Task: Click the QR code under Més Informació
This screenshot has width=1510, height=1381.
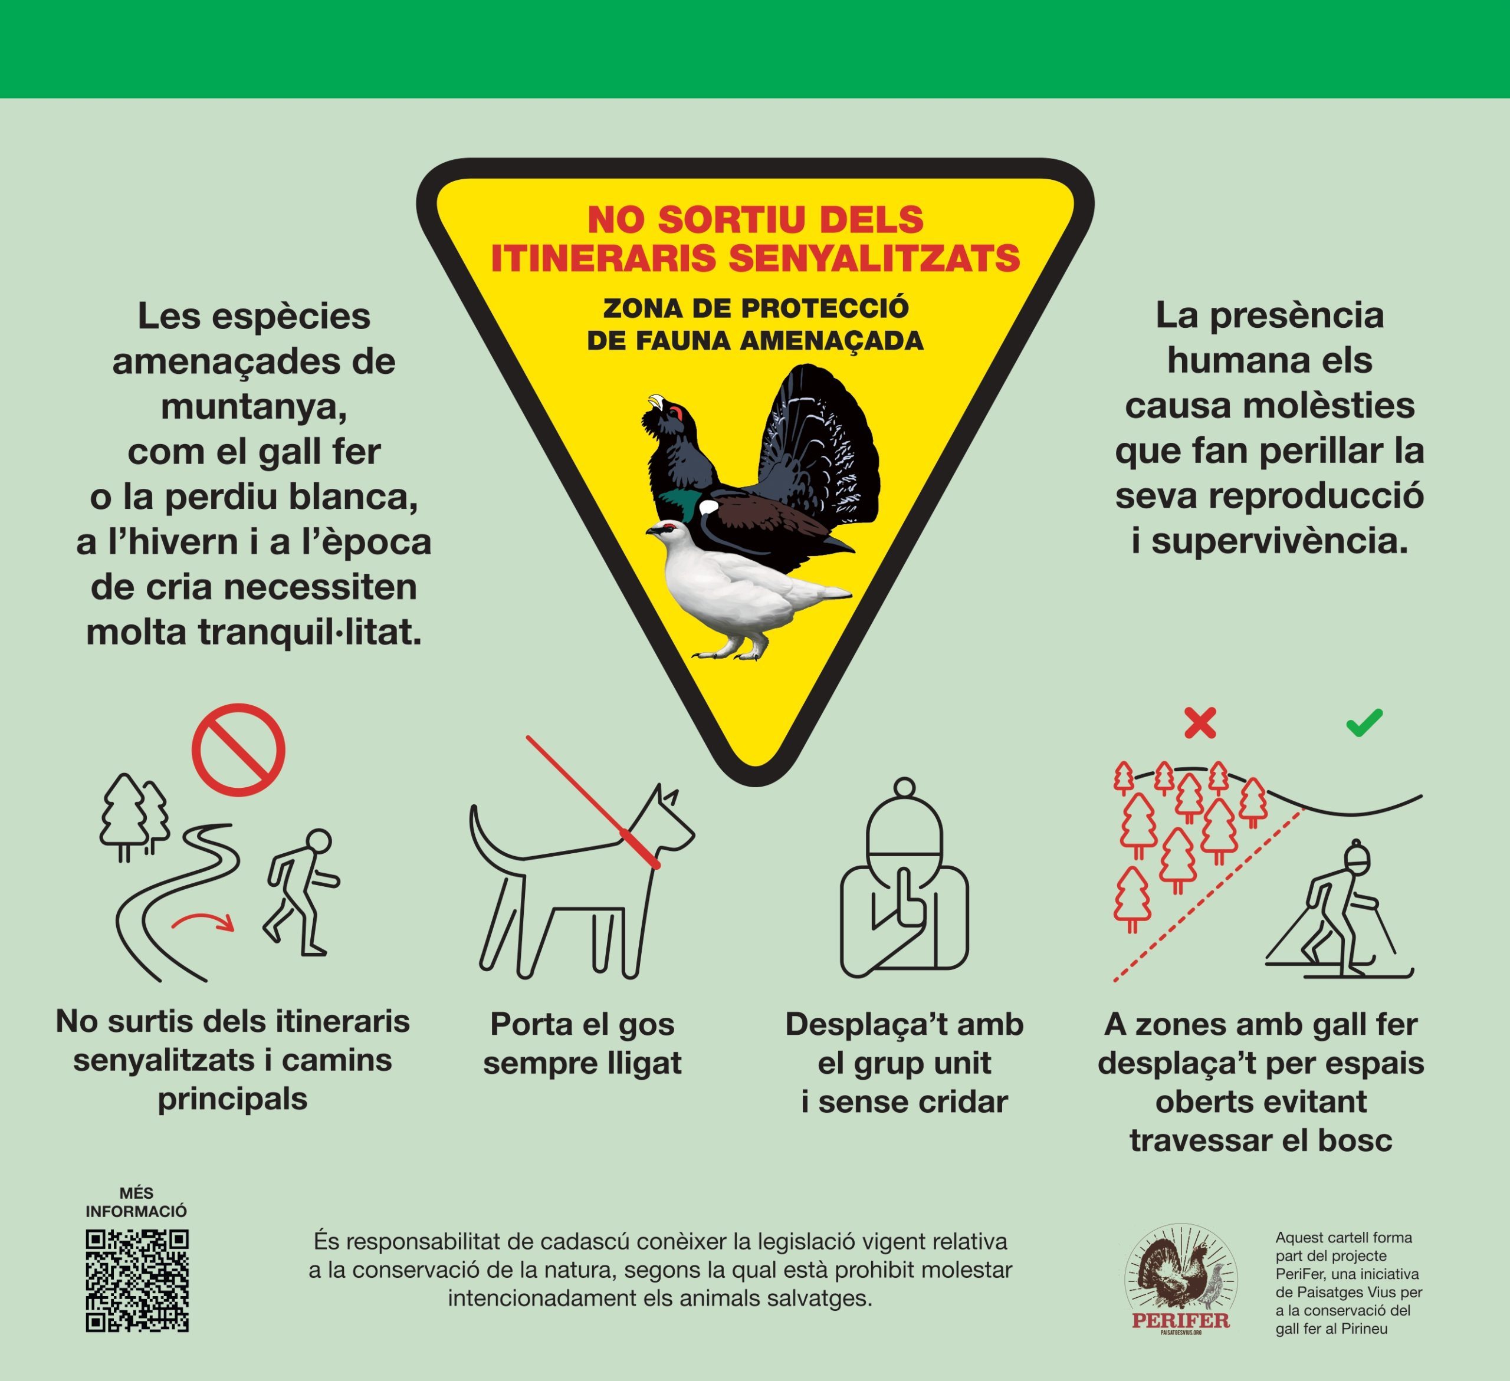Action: (137, 1281)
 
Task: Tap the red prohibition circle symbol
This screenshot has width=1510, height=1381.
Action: (238, 749)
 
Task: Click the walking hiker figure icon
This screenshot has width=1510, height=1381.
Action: (301, 892)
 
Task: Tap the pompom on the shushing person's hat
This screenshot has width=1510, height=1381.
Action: (904, 788)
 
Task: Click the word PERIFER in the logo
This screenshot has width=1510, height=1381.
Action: (1181, 1320)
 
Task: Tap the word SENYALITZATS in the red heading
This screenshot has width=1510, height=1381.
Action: (874, 258)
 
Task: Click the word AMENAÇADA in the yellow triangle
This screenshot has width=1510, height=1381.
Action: (832, 341)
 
